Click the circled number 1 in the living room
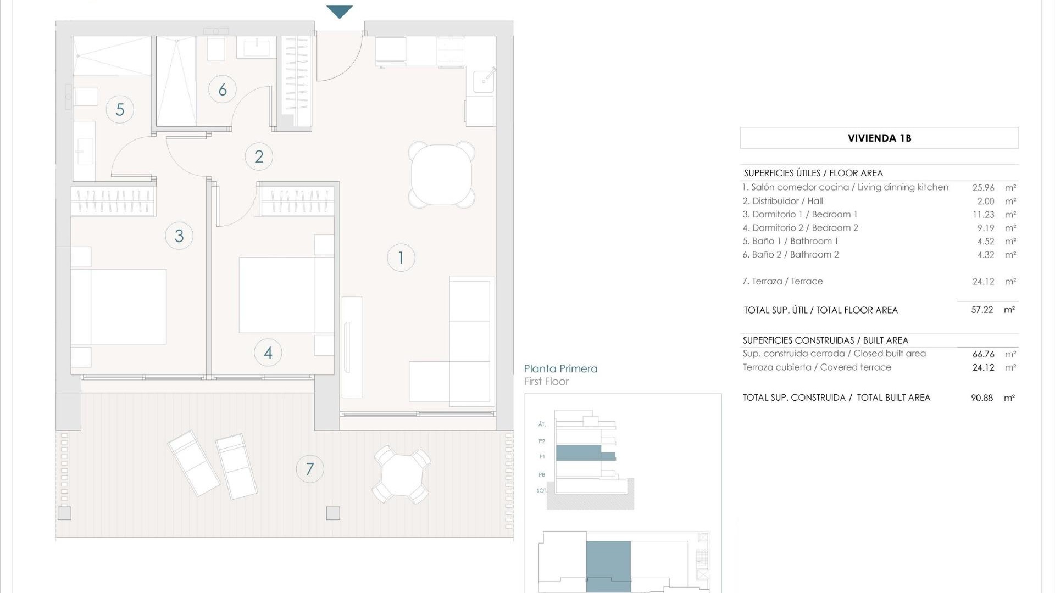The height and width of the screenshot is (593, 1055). tap(401, 258)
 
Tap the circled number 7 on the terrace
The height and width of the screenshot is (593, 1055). tap(310, 469)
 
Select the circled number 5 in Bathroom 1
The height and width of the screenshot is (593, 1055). tap(120, 109)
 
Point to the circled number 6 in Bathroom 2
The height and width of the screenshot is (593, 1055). tap(223, 89)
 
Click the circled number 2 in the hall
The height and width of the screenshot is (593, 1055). tap(259, 156)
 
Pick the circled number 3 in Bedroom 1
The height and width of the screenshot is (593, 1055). tap(179, 236)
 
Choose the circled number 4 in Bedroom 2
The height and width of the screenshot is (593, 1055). tap(268, 353)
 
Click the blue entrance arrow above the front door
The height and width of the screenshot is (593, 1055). tap(340, 11)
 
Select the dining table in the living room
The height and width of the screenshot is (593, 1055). tap(442, 175)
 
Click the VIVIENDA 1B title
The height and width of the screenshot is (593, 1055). tap(879, 138)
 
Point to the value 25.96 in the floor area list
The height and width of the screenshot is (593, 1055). tap(983, 188)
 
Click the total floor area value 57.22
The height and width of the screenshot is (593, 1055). tap(982, 310)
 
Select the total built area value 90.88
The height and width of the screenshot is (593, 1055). tap(982, 398)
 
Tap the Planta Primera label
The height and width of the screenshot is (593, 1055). tap(560, 369)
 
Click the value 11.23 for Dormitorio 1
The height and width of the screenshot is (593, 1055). tap(983, 215)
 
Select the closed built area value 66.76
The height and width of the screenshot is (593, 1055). tap(983, 354)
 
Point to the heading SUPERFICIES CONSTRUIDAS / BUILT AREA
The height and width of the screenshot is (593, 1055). tap(825, 340)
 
